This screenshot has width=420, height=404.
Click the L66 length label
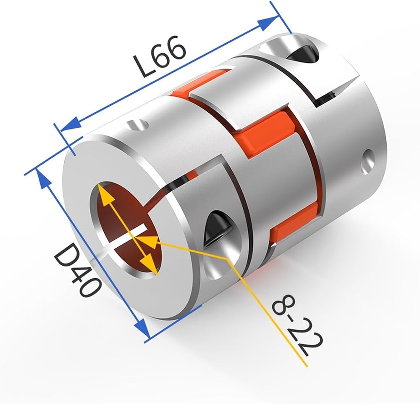point(160,57)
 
